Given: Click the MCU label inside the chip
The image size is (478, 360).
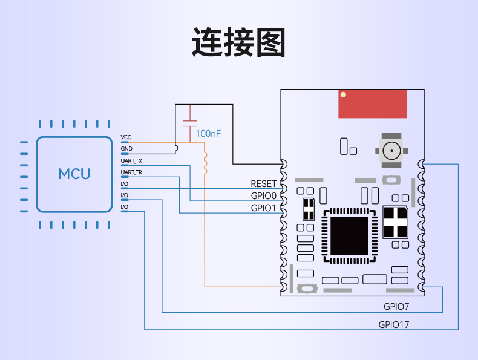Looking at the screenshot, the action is click(74, 174).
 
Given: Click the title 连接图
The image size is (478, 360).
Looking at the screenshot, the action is click(238, 42).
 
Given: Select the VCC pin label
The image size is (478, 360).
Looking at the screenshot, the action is click(126, 137).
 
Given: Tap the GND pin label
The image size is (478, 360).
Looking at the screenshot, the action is click(126, 149).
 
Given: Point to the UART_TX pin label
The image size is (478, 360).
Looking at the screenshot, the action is click(131, 161).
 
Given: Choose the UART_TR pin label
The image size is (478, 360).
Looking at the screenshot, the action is click(131, 172).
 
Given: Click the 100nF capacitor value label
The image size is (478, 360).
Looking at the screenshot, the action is click(208, 134).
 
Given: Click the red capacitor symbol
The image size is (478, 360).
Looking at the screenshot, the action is click(190, 123).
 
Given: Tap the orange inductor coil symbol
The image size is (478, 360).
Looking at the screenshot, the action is click(205, 163).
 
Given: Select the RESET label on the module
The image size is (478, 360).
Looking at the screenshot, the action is click(263, 184).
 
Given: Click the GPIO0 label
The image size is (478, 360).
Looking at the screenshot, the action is click(263, 195).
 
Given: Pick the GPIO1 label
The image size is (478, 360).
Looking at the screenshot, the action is click(263, 208).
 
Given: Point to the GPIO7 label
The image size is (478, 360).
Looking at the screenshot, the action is click(396, 307).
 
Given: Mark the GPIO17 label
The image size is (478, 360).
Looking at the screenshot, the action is click(394, 325).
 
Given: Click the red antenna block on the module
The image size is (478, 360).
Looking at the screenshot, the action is click(373, 103).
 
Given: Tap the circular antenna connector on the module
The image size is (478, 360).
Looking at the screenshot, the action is click(391, 151).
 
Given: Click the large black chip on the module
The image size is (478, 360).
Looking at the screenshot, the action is click(349, 236).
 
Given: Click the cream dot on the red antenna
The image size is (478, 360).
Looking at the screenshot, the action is click(343, 95).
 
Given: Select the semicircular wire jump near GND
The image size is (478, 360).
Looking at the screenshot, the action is click(177, 148).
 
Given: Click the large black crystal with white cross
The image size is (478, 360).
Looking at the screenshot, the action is click(395, 222).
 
